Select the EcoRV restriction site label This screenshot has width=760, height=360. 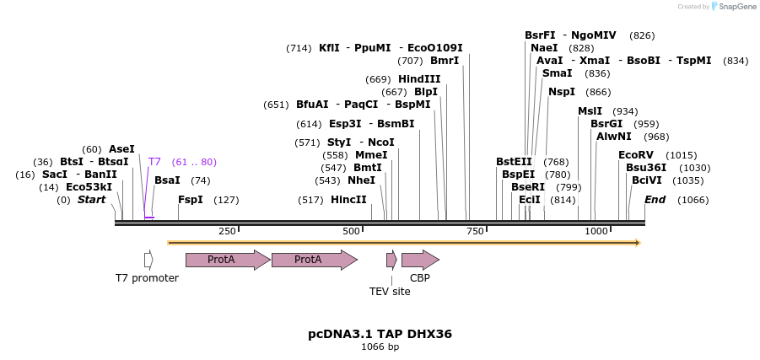[636, 155]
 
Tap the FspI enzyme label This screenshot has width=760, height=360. [191, 200]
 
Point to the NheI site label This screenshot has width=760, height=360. [361, 180]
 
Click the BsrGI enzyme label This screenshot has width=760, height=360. [606, 124]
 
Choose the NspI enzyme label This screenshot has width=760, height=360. [562, 92]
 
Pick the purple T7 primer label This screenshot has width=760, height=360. [154, 162]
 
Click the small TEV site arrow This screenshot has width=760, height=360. [391, 260]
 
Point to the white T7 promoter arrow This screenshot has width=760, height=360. [148, 260]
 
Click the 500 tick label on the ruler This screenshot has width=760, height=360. [352, 231]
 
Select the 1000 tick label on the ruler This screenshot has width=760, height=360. [596, 231]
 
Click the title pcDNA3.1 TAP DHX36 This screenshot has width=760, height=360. [380, 334]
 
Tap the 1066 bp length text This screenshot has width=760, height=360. [380, 347]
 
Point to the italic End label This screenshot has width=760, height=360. [655, 200]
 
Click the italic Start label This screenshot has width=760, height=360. [92, 200]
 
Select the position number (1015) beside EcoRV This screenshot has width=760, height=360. [682, 155]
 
